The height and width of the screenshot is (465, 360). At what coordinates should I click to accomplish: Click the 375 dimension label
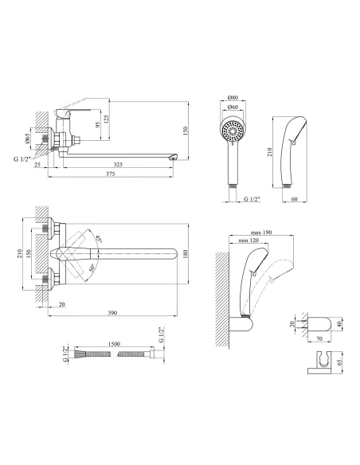click(111, 174)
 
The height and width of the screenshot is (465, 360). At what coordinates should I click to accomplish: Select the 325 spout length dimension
click(118, 165)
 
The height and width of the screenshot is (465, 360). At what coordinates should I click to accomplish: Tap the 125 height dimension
click(107, 119)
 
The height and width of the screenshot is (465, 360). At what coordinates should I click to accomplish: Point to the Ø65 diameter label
click(27, 139)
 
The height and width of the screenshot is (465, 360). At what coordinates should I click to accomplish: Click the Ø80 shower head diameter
click(233, 98)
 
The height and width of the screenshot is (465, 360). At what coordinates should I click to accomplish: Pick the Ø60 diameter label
click(233, 107)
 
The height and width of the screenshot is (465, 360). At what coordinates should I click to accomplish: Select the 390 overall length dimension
click(112, 313)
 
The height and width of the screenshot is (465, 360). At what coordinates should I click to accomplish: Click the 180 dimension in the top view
click(186, 253)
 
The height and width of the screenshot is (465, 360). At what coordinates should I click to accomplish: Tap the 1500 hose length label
click(114, 344)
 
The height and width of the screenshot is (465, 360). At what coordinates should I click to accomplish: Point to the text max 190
click(261, 232)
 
